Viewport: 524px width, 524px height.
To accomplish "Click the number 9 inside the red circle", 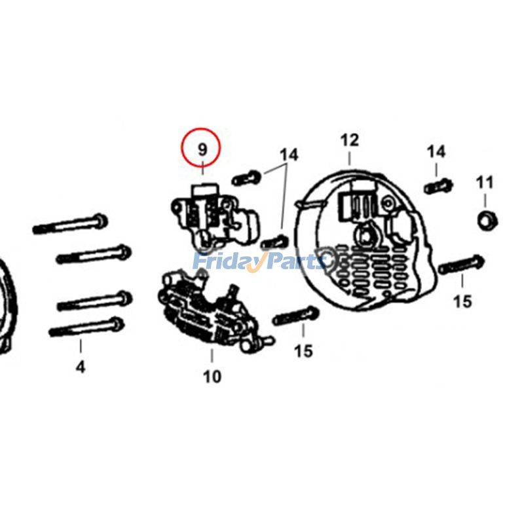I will [x=202, y=149].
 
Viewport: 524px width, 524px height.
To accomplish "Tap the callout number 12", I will [x=350, y=140].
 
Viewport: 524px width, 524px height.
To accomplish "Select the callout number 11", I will [x=485, y=181].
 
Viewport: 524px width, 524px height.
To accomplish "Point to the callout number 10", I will [x=212, y=376].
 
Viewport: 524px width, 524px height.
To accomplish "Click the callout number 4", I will [x=80, y=367].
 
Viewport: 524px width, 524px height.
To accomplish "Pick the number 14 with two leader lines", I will [x=289, y=155].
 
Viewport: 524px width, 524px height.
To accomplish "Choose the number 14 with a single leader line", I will [x=436, y=152].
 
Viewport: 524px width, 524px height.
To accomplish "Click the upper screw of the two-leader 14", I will [x=246, y=178].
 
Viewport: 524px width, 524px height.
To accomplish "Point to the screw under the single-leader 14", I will [x=438, y=186].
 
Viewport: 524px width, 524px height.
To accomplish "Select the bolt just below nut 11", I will [x=461, y=265].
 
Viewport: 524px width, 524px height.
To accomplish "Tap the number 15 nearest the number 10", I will [x=303, y=352].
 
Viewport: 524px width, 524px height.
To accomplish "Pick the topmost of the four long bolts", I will [x=70, y=225].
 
